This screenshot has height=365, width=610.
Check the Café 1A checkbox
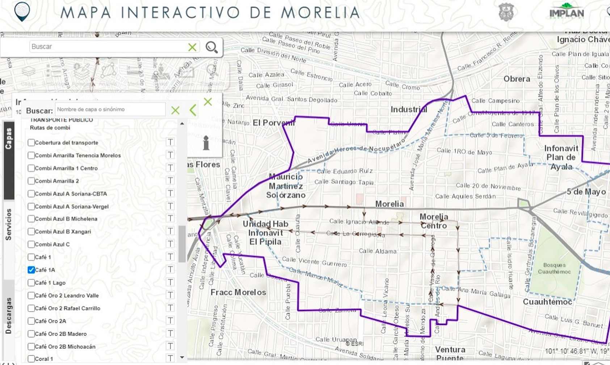pos(31,270)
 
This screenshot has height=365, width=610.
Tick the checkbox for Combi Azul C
pos(31,244)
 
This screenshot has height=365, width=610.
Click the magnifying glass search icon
pos(211,47)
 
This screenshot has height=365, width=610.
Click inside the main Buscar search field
pos(109,47)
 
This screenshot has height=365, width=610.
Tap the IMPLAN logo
pos(566,12)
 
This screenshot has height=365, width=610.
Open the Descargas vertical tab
pos(9,315)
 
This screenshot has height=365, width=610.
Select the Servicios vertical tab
pos(9,225)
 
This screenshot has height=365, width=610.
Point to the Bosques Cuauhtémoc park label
pos(554,268)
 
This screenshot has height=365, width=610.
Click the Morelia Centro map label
pos(434,221)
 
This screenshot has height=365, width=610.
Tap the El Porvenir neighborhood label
pos(274,123)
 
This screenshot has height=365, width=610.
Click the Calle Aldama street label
pos(377,251)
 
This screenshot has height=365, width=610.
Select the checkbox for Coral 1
pos(31,359)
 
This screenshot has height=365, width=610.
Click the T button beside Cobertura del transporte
pos(170,142)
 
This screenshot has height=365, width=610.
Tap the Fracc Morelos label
pos(238,292)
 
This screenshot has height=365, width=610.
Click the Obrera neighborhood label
pos(517,79)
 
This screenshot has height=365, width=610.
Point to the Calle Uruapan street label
pos(336,340)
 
